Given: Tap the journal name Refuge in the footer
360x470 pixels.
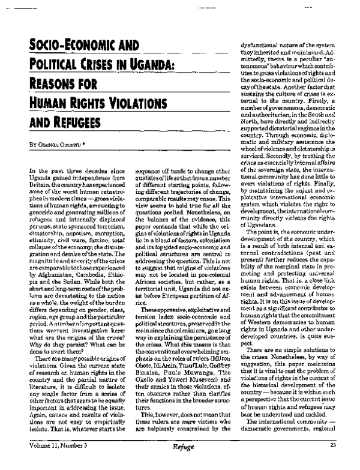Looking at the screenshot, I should click(181, 463).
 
